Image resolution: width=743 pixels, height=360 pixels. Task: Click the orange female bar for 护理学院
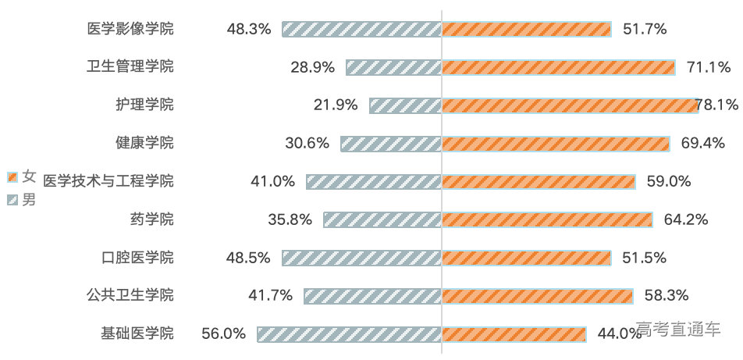pos(570,105)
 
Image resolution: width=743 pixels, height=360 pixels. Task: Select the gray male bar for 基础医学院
pos(350,333)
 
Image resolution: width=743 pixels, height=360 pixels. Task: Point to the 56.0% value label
pos(223,333)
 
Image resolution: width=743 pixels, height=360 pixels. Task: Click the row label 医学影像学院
pos(130,29)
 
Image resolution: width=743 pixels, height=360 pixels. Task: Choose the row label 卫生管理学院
pos(130,67)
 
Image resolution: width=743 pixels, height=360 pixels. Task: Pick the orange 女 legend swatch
pos(12,177)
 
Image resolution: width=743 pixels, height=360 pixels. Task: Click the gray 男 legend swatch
pos(12,200)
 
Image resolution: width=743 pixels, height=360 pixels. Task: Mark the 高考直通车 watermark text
pos(677,329)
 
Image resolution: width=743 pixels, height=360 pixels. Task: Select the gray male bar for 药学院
pos(382,219)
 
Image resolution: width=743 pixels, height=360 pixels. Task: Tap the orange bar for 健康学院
pos(556,144)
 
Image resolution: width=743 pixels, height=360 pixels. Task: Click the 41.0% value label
pos(272,181)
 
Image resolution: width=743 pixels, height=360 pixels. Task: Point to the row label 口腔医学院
pos(137,258)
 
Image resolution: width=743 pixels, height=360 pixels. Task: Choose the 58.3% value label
pos(667,295)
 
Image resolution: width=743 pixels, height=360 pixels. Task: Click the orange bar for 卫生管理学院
pos(558,67)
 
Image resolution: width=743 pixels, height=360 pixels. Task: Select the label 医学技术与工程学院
pos(108,181)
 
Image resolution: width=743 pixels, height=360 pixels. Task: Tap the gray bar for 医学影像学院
pos(361,29)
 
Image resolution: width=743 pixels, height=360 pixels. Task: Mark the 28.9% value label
pos(312,67)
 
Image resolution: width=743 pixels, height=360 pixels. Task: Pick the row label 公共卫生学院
pos(130,295)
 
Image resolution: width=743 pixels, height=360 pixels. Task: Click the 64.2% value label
pos(686,219)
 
